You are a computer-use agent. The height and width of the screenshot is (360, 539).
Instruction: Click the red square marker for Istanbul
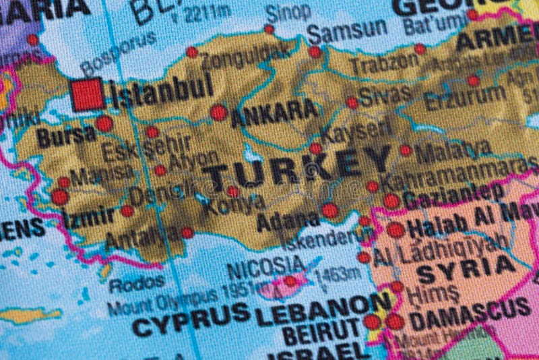[88, 94]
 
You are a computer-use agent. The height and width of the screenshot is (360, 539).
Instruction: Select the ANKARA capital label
[274, 113]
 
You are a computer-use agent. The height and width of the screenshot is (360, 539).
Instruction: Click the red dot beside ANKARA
[218, 113]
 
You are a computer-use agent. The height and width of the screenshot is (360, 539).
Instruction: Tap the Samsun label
[348, 31]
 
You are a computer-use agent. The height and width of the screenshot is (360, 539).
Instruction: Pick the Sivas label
[385, 96]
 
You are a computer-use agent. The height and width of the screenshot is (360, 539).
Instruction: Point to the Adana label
[288, 219]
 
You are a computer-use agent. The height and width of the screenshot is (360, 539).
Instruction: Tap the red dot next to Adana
[329, 210]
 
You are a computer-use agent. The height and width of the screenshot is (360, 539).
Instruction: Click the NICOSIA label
[265, 266]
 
